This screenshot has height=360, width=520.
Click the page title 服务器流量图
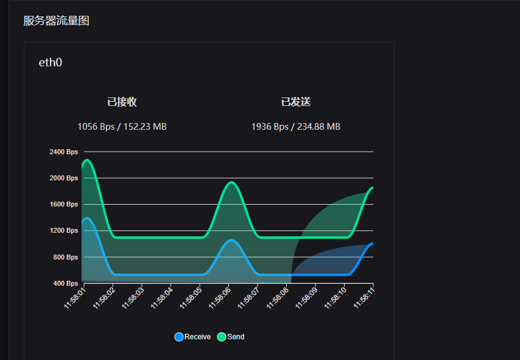pos(56,21)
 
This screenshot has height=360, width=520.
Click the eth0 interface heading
pos(51,62)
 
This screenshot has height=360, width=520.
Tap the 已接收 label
pos(122,102)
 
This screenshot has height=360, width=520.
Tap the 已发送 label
pos(296,102)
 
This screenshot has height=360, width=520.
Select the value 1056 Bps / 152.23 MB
pos(122,127)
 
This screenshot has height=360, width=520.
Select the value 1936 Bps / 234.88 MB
pos(296,127)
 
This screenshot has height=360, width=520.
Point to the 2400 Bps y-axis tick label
pos(64,152)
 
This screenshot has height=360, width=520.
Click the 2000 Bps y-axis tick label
pos(64,178)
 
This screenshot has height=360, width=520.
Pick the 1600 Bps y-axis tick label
pos(64,204)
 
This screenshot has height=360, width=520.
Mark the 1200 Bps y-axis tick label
pos(64,230)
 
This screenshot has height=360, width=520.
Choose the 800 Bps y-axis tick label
pos(65,257)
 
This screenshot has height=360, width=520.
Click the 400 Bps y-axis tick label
pos(65,283)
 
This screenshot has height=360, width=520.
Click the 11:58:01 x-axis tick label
pos(75,298)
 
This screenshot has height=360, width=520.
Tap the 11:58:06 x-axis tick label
pos(220,298)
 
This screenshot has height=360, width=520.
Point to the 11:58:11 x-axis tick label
pos(365,298)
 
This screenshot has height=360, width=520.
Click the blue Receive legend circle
pos(179,337)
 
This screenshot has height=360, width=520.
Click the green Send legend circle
pos(222,337)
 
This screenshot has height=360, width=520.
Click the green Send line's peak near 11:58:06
pos(231,182)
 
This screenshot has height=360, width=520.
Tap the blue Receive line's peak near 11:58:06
pos(231,240)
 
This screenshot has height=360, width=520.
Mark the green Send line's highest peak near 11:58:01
pos(87,160)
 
